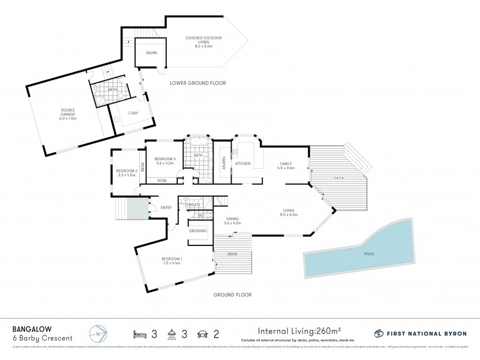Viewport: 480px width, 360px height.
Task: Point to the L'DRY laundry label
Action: [x=133, y=113]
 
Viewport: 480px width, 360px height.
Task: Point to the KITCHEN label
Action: [x=242, y=163]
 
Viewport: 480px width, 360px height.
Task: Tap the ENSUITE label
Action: [x=193, y=205]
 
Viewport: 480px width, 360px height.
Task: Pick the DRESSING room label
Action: [x=197, y=230]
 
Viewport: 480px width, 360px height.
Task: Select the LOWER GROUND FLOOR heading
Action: [x=198, y=83]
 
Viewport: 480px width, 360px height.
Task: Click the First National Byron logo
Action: [x=421, y=333]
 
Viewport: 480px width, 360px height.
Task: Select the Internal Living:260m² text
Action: [x=299, y=329]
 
